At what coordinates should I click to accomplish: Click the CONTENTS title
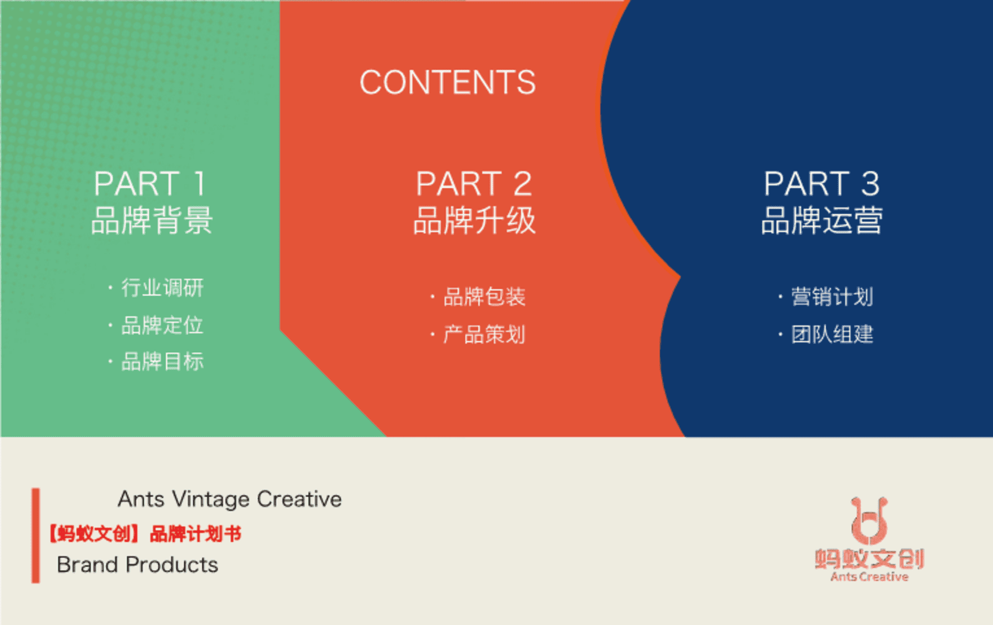pyautogui.click(x=448, y=82)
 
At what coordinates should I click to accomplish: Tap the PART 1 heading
pyautogui.click(x=150, y=184)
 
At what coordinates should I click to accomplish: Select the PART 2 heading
pyautogui.click(x=474, y=184)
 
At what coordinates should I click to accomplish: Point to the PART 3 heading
pyautogui.click(x=822, y=184)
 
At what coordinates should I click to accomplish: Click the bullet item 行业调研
pyautogui.click(x=162, y=288)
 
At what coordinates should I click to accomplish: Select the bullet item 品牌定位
pyautogui.click(x=162, y=325)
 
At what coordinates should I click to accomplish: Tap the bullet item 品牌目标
pyautogui.click(x=162, y=362)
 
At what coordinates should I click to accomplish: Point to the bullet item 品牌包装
pyautogui.click(x=484, y=297)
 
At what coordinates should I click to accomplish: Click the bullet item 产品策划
pyautogui.click(x=484, y=335)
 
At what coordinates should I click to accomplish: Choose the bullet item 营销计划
pyautogui.click(x=832, y=297)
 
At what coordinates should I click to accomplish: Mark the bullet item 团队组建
pyautogui.click(x=832, y=335)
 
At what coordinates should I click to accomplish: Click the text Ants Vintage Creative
pyautogui.click(x=230, y=499)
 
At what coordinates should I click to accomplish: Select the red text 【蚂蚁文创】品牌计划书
pyautogui.click(x=145, y=533)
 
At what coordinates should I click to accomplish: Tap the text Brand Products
pyautogui.click(x=138, y=564)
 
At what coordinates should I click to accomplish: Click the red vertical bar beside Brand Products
pyautogui.click(x=36, y=535)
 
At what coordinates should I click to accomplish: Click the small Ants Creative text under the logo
pyautogui.click(x=869, y=577)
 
